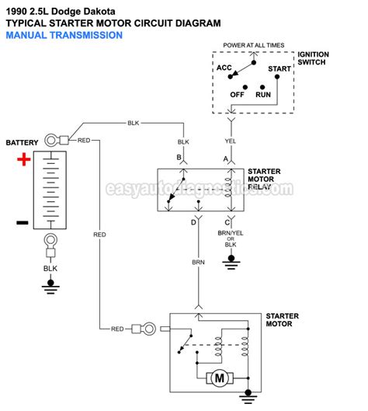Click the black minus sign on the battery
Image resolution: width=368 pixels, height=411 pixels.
(x=23, y=223)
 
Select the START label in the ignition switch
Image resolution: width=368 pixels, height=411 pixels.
(x=279, y=69)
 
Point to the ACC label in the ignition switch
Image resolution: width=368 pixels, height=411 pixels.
(x=224, y=68)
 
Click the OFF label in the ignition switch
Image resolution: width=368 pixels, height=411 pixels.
(x=237, y=94)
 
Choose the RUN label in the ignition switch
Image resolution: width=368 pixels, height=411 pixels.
(x=263, y=94)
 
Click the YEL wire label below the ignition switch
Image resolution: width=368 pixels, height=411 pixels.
(x=230, y=142)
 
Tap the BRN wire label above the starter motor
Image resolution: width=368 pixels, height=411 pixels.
(x=199, y=262)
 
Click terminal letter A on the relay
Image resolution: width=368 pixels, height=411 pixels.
(x=226, y=158)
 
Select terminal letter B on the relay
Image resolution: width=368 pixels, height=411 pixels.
(x=179, y=158)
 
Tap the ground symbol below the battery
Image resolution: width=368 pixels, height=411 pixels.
(x=50, y=283)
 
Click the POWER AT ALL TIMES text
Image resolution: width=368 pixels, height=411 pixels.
(x=253, y=45)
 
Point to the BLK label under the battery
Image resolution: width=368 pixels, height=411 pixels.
(x=50, y=267)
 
